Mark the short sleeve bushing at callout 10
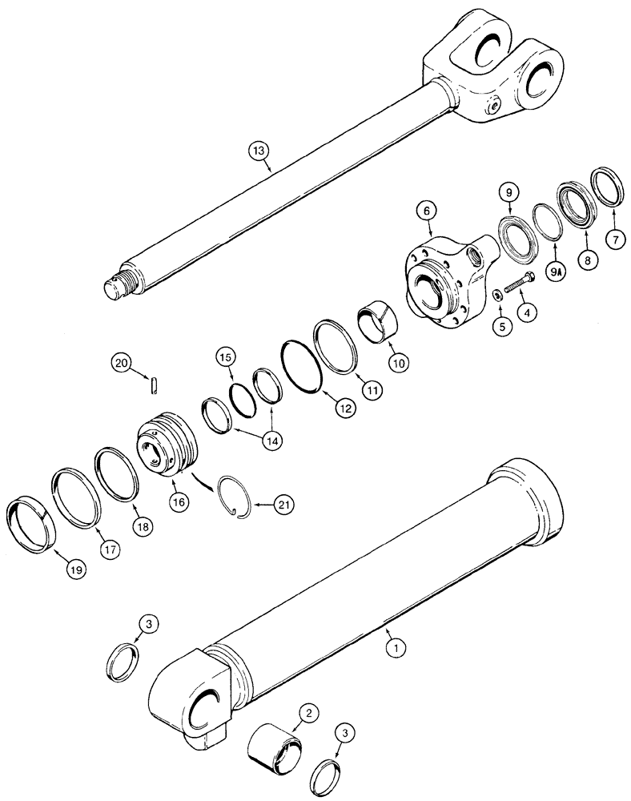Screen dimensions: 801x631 click(373, 320)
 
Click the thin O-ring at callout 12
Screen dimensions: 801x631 click(302, 364)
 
